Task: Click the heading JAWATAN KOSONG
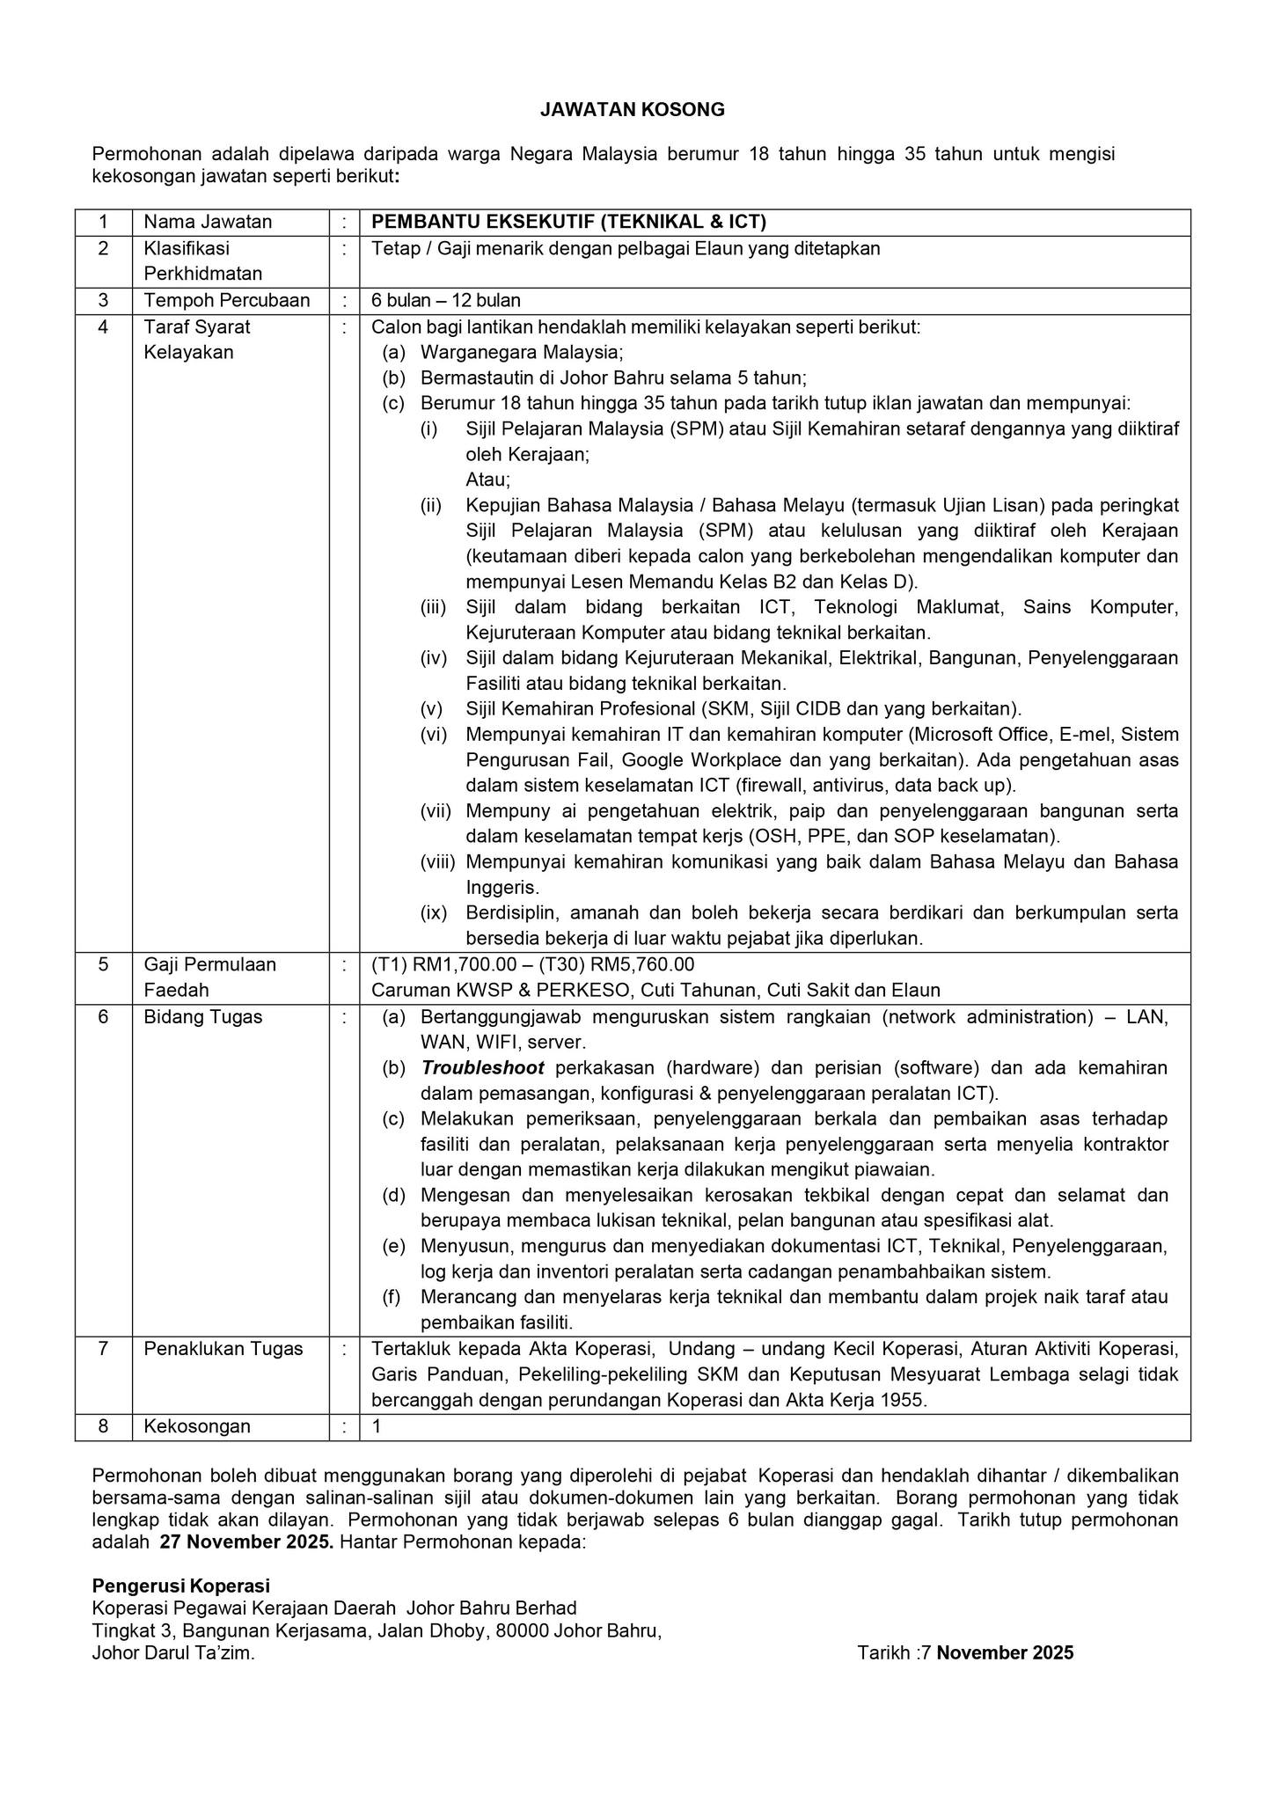click(x=632, y=110)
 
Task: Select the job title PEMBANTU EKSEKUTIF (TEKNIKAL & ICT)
click(x=568, y=222)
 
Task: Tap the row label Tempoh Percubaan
click(x=226, y=301)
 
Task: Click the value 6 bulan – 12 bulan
click(x=446, y=301)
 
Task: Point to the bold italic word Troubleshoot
click(x=482, y=1068)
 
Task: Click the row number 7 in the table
click(x=103, y=1349)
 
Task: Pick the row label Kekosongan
click(x=197, y=1426)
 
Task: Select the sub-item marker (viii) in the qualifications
click(x=437, y=861)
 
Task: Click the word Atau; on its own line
click(x=487, y=480)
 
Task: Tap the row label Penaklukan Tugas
click(x=223, y=1349)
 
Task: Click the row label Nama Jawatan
click(x=208, y=222)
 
